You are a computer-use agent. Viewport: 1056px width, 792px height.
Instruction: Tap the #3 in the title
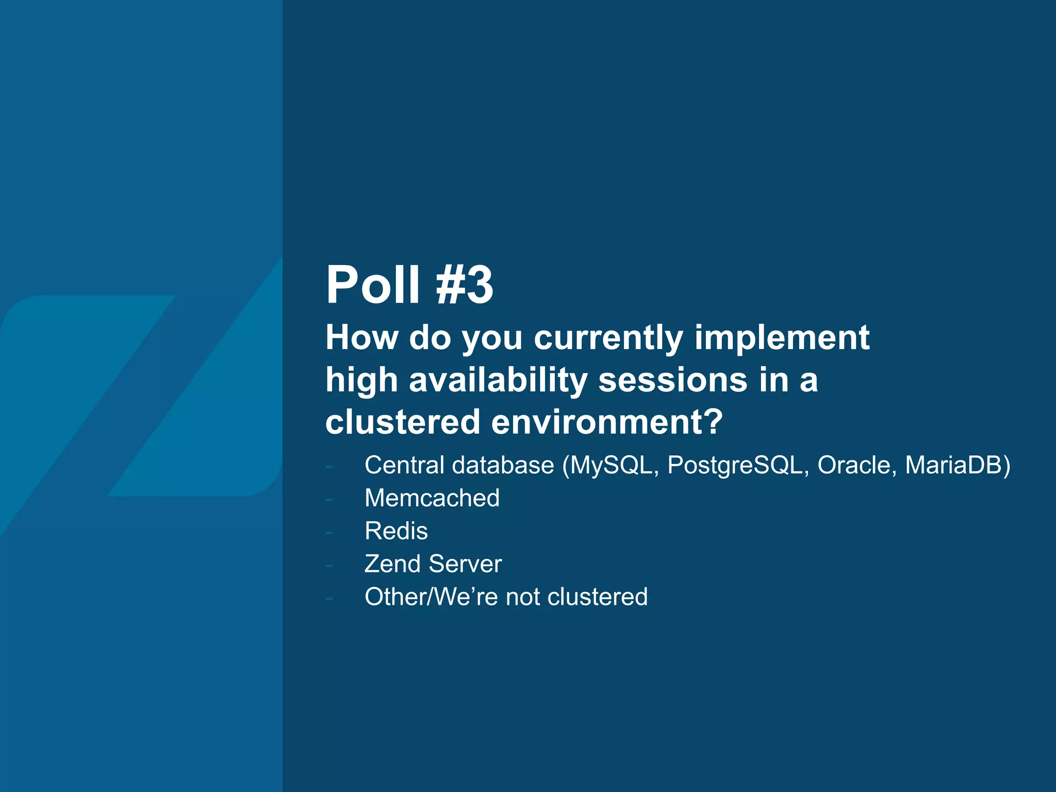coord(464,285)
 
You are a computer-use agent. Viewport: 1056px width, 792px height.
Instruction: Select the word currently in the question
coord(608,338)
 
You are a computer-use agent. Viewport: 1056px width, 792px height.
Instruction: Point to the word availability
coord(498,381)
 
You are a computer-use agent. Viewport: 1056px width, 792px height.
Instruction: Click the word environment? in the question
coord(607,422)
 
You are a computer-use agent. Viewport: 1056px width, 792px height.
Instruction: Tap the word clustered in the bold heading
coord(403,422)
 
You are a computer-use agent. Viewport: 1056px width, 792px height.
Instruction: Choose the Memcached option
coord(432,498)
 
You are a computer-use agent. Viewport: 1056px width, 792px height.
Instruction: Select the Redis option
coord(396,531)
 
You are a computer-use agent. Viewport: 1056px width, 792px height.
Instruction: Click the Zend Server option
coord(433,564)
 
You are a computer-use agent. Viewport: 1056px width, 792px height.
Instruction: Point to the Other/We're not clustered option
coord(506,597)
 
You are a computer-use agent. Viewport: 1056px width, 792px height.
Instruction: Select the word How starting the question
coord(361,338)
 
